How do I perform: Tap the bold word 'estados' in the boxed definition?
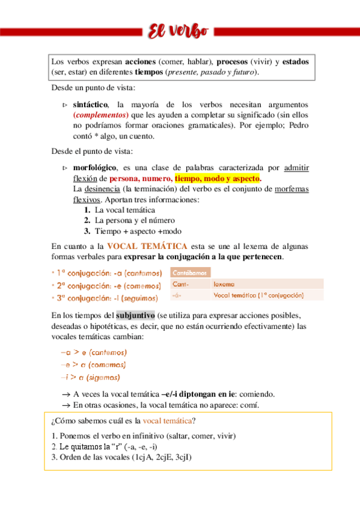(296, 62)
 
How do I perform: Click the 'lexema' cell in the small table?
(225, 284)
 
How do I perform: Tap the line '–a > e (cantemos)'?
(94, 352)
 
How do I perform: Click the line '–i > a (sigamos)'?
(90, 378)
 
